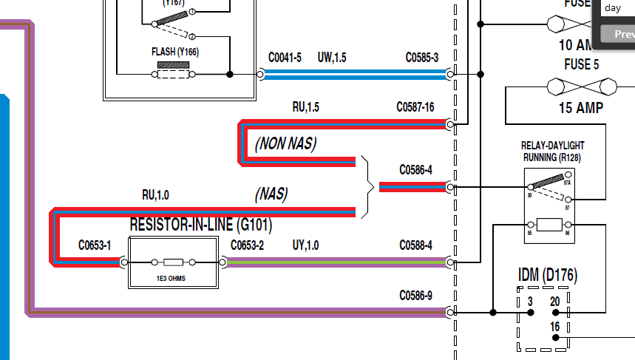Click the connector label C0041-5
[x=285, y=58]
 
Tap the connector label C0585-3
[x=421, y=58]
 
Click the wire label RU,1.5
[x=305, y=107]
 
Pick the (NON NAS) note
[x=285, y=143]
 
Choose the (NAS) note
[x=271, y=194]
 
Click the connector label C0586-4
[x=415, y=170]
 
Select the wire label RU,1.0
[x=155, y=195]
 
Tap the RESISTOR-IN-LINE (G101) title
[x=201, y=224]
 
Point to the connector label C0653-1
[x=95, y=245]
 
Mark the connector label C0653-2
[x=247, y=245]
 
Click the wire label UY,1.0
[x=305, y=245]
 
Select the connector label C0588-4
[x=415, y=245]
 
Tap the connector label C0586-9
[x=415, y=296]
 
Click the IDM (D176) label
[x=547, y=276]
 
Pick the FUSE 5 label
[x=581, y=64]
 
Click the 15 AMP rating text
[x=581, y=108]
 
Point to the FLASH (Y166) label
[x=174, y=52]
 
